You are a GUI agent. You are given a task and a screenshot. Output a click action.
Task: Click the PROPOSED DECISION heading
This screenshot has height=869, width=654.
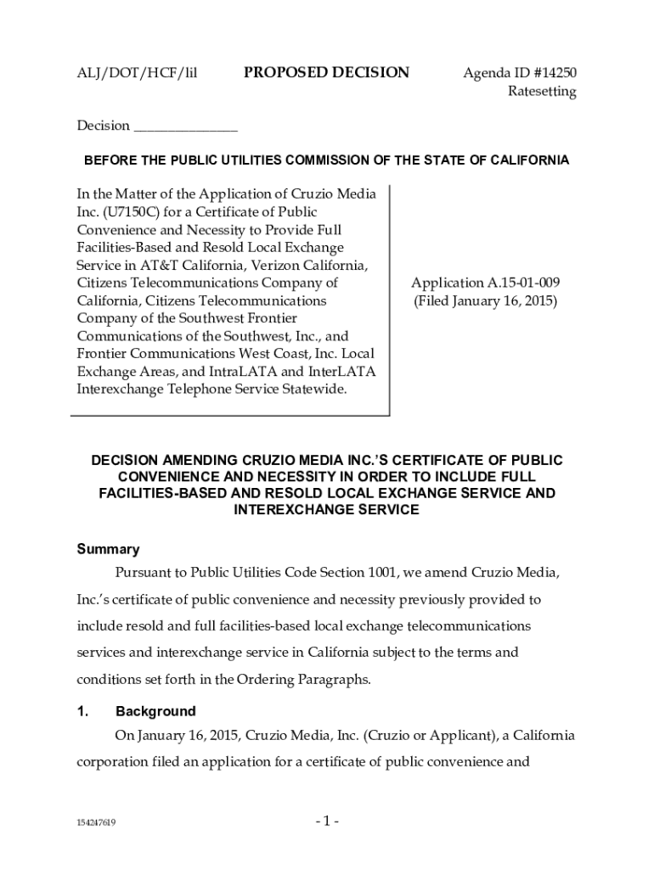pos(326,73)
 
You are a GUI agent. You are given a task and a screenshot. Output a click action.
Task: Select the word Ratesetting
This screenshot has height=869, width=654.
pos(542,92)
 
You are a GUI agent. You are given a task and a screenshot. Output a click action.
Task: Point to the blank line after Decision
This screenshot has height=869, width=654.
pos(186,127)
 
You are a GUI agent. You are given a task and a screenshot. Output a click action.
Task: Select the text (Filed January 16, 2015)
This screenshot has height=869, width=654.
pos(485,300)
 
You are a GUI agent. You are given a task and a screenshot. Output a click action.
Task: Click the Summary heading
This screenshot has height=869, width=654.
pos(109,549)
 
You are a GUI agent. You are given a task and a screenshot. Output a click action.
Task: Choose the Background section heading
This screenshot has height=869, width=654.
pos(155,711)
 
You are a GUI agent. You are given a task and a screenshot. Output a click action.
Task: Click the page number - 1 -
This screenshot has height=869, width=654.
pos(326,821)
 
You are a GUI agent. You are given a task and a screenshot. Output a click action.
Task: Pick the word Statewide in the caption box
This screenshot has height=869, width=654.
pos(315,389)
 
